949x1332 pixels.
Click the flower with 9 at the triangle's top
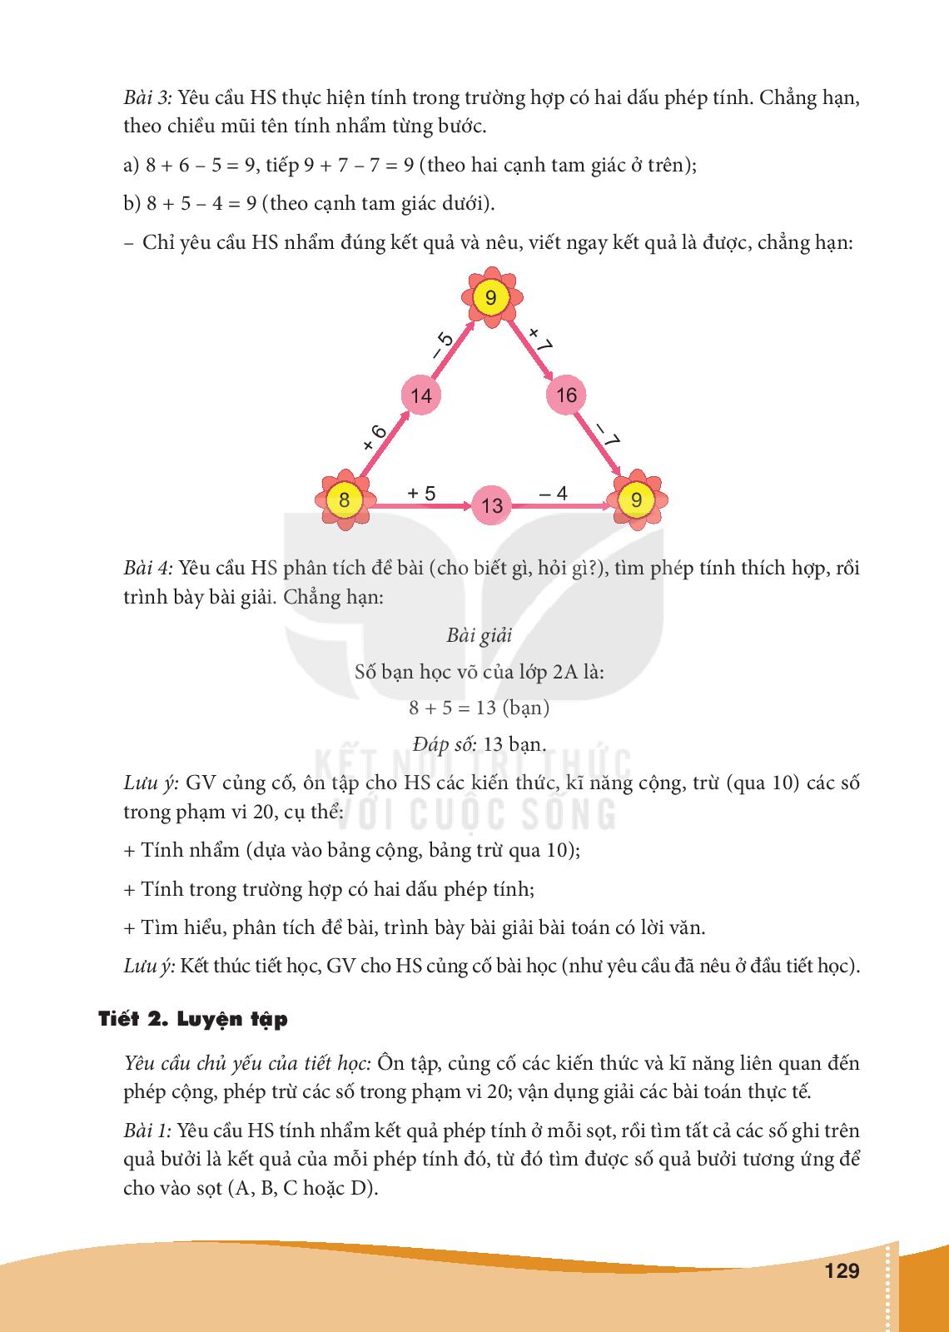point(491,297)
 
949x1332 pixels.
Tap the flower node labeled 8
point(344,500)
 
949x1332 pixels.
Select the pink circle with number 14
point(421,395)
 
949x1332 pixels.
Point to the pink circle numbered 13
point(492,504)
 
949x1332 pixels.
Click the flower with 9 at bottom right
point(637,499)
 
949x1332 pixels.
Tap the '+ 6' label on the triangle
point(375,437)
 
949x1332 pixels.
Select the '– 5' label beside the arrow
point(442,345)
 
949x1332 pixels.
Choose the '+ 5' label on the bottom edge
point(421,493)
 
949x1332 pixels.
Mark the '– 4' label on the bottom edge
point(553,493)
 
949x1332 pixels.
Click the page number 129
point(841,1271)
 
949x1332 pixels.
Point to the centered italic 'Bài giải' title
point(479,635)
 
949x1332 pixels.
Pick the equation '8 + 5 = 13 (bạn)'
point(479,708)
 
